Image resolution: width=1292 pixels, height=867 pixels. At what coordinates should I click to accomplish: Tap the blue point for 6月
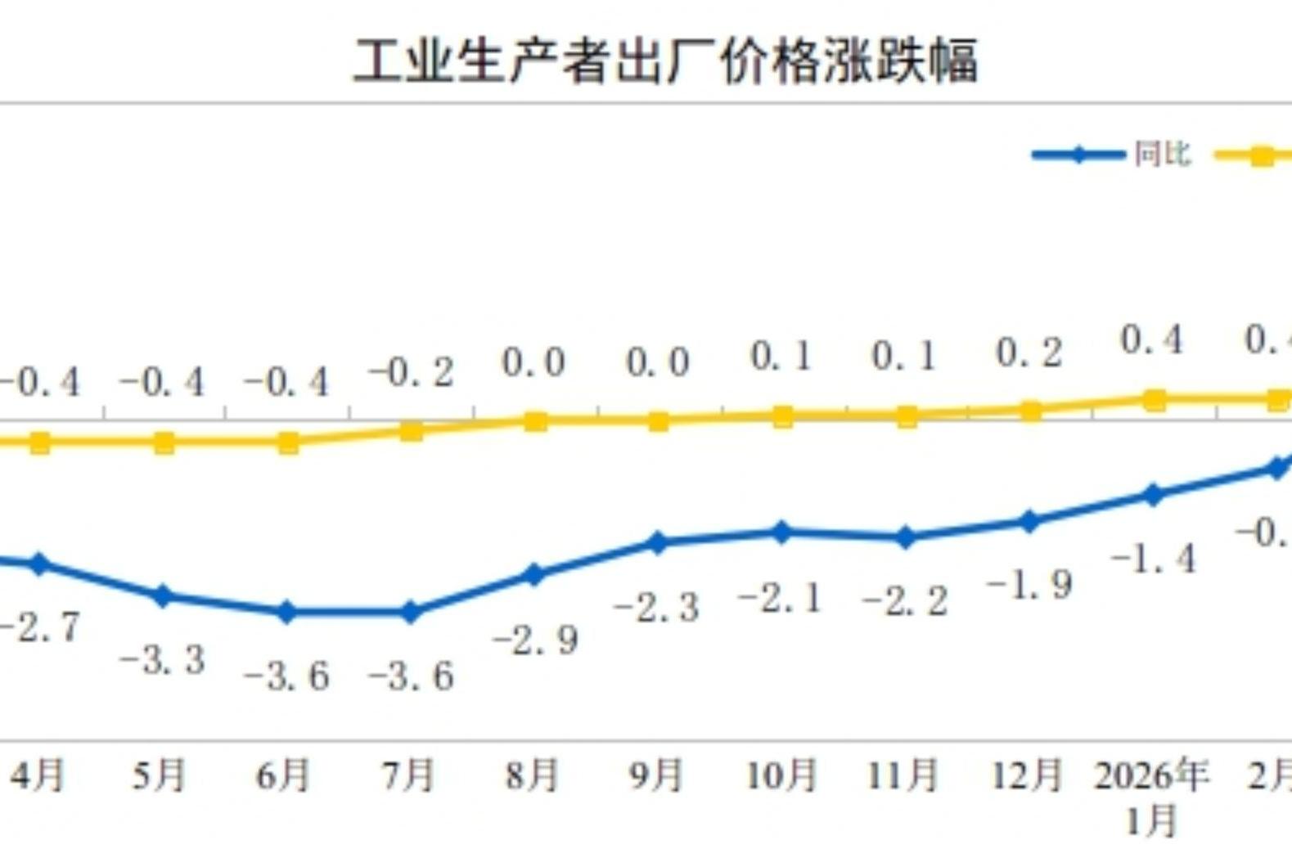[x=286, y=612]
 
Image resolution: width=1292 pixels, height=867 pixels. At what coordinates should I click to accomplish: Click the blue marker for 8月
[x=533, y=575]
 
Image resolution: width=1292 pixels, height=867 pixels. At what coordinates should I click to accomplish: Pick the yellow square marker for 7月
[x=412, y=430]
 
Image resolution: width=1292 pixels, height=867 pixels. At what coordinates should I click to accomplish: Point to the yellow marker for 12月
[x=1030, y=411]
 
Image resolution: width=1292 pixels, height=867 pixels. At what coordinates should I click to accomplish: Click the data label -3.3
[x=162, y=660]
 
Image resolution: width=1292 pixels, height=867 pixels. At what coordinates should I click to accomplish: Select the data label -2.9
[x=536, y=640]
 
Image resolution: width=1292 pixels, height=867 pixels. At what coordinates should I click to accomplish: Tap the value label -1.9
[x=1029, y=586]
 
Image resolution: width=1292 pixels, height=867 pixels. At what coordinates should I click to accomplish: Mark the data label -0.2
[x=411, y=374]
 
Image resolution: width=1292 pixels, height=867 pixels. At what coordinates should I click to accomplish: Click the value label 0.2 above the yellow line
[x=1029, y=353]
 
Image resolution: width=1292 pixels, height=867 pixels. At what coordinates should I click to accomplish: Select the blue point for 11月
[x=906, y=537]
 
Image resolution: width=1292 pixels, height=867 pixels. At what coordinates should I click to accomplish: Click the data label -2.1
[x=780, y=600]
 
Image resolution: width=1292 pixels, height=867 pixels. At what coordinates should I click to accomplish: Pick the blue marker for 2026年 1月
[x=1153, y=495]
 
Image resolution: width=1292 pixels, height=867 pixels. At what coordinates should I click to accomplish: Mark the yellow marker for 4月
[x=39, y=443]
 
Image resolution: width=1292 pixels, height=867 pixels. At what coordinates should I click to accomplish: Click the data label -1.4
[x=1154, y=559]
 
